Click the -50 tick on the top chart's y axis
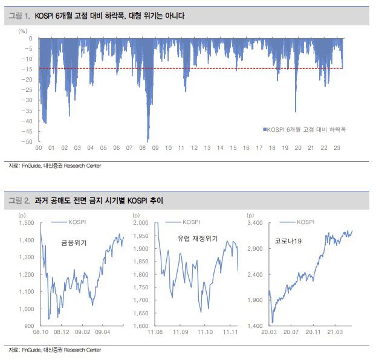pos(27,142)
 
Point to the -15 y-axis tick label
pos(27,69)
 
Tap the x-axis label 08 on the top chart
pos(142,149)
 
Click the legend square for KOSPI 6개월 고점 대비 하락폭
pos(264,129)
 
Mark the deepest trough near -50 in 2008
pos(148,140)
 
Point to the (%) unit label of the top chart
pos(23,30)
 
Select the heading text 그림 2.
pos(21,200)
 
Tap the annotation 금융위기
pos(74,243)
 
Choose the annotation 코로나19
pos(288,240)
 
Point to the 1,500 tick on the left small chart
pos(27,223)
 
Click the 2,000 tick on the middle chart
pos(140,223)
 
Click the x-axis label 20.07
pos(293,332)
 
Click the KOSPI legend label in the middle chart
pos(192,222)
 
